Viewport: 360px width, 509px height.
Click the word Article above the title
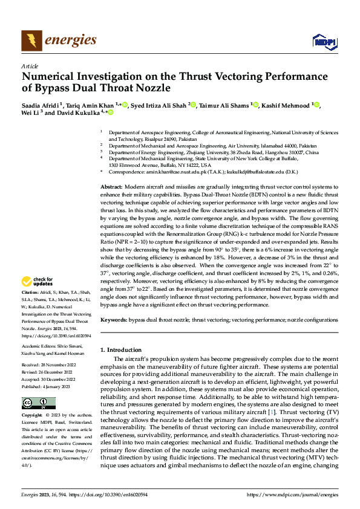29,66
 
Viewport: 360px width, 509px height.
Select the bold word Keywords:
114,319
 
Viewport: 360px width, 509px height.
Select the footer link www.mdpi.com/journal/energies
291,493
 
